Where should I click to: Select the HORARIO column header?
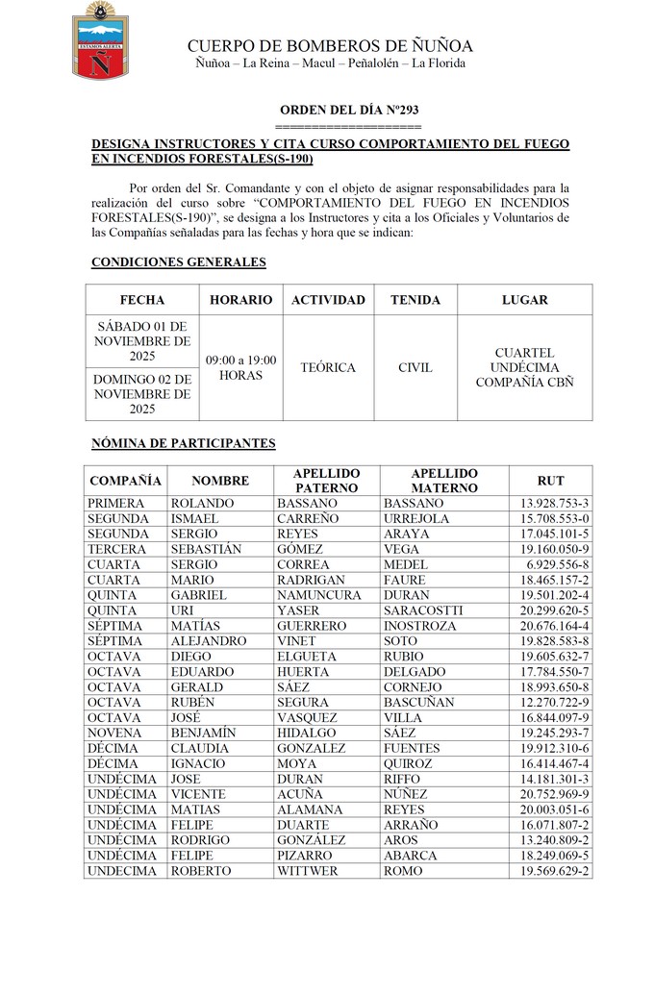pos(240,300)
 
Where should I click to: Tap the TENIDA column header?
pos(415,300)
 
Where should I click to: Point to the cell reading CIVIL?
pos(415,367)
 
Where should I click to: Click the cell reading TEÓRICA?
pos(328,367)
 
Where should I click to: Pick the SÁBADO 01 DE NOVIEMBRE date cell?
pos(142,341)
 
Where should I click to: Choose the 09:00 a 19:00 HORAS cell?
pos(240,367)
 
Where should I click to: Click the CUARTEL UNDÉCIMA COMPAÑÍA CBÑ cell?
pos(524,367)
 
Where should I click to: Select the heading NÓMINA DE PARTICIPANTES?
pos(183,443)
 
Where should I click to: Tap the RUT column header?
pos(550,481)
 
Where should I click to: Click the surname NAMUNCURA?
pos(318,595)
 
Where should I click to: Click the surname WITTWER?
pos(308,871)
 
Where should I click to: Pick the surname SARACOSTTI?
pos(423,610)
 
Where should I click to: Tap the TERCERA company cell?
pos(116,549)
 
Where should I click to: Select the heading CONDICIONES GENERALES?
pos(178,261)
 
